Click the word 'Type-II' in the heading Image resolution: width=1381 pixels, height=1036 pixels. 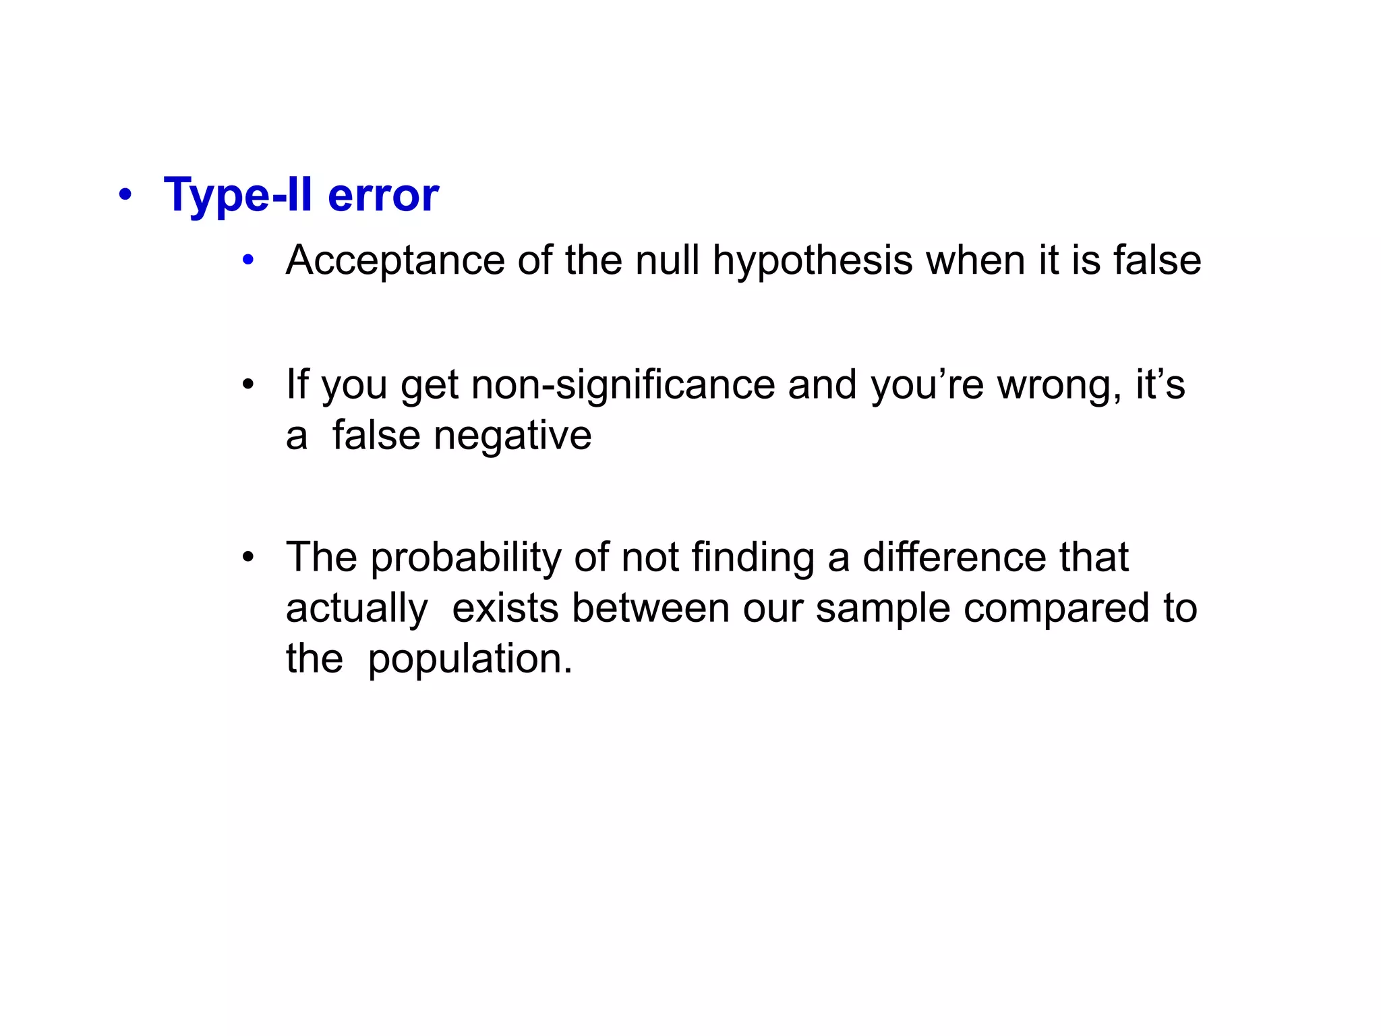point(239,196)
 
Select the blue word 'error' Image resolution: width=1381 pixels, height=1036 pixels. point(383,196)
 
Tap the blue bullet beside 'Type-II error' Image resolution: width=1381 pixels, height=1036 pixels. point(125,196)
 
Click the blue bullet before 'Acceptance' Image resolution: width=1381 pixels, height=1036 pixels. point(248,260)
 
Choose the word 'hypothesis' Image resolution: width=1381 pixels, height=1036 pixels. point(813,262)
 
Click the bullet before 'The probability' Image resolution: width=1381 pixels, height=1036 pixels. point(248,558)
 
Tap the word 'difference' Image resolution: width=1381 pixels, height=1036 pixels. point(953,557)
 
